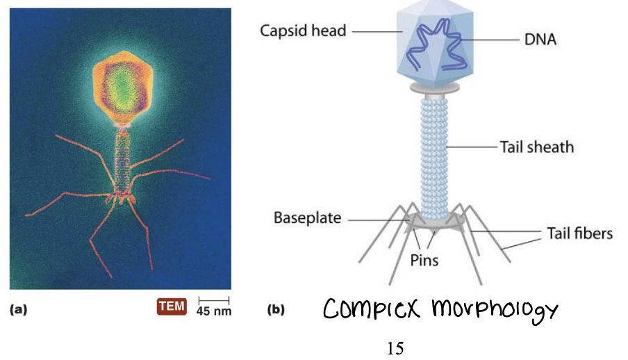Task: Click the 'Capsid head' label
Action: click(x=303, y=31)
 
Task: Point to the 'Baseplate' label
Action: click(x=307, y=218)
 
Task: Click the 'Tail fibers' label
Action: click(x=580, y=233)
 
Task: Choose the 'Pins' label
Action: click(x=424, y=261)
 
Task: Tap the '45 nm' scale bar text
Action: click(x=214, y=311)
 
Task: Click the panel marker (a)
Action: click(x=19, y=310)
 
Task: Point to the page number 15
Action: click(x=395, y=347)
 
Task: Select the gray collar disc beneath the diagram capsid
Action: click(x=434, y=88)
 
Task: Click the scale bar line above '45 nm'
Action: click(x=213, y=300)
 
